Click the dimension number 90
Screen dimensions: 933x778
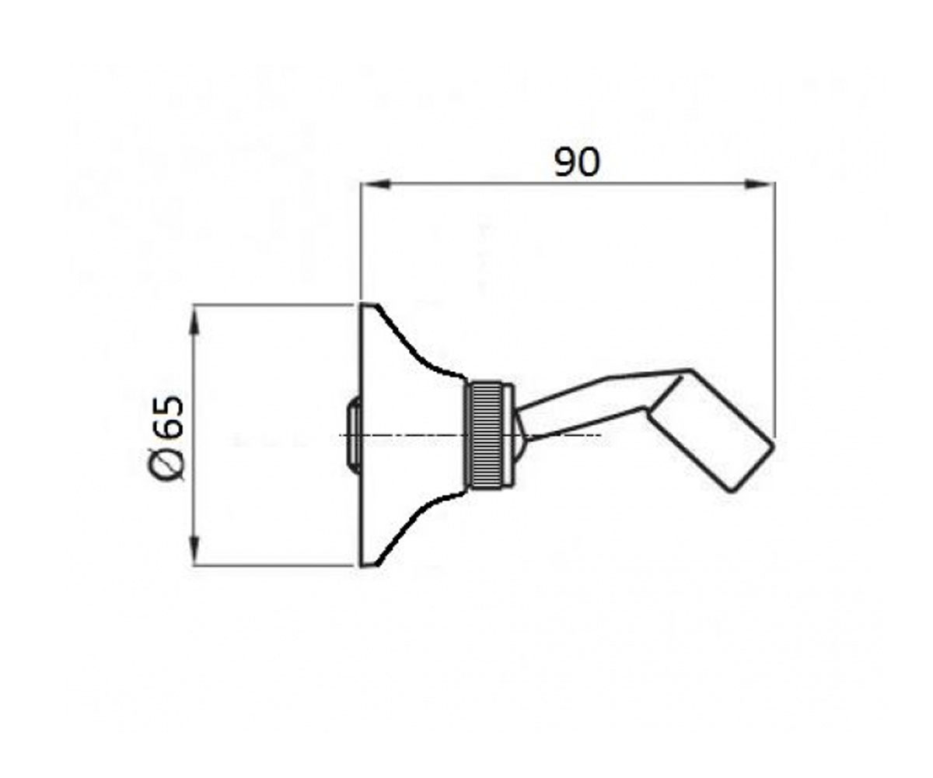tap(577, 163)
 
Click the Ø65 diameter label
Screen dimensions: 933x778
tap(166, 439)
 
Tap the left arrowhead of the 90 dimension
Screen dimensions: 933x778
tap(376, 184)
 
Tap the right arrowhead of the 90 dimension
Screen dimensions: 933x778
tap(760, 184)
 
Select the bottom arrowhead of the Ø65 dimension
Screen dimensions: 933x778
tap(194, 550)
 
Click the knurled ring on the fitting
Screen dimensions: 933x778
tap(485, 433)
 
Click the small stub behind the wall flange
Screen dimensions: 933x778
tap(355, 433)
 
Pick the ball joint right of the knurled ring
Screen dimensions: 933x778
tap(520, 433)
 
